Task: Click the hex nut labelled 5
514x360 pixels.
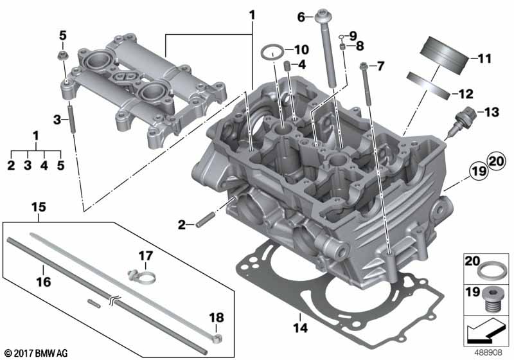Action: coord(62,55)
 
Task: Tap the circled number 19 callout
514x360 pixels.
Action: coord(479,170)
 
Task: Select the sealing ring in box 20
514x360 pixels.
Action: coord(488,271)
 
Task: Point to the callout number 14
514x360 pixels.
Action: coord(301,328)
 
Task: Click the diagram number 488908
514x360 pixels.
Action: coord(489,352)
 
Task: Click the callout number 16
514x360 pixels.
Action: coord(43,282)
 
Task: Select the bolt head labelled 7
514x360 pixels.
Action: coord(363,66)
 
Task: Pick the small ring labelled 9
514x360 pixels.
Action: coord(342,37)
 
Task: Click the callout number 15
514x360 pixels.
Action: coord(39,207)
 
